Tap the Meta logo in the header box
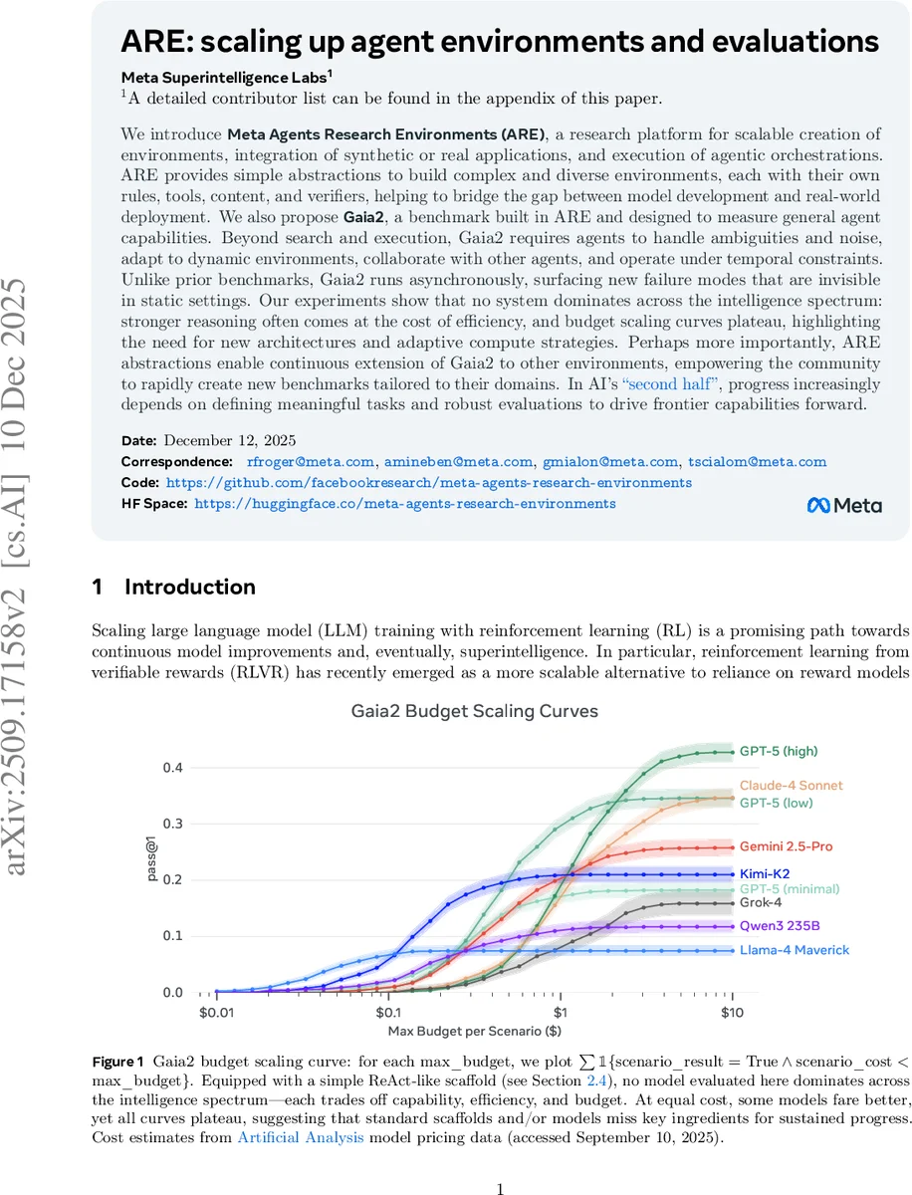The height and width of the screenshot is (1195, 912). click(843, 505)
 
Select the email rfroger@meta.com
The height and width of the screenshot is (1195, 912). click(310, 461)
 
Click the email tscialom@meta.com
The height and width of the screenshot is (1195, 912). click(757, 461)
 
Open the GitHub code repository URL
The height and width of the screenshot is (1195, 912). click(428, 482)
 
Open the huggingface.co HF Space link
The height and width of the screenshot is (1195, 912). click(404, 504)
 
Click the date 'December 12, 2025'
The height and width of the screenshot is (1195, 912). click(229, 440)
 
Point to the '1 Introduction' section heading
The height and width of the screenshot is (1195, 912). click(173, 588)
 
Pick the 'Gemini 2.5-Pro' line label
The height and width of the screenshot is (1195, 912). click(786, 846)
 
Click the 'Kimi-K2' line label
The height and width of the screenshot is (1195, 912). click(764, 874)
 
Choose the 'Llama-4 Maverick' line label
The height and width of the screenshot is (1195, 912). click(795, 950)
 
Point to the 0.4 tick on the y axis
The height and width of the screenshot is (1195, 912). click(174, 768)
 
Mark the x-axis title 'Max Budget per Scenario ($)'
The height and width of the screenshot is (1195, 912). click(473, 1030)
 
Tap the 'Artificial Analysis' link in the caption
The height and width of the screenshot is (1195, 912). click(300, 1139)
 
